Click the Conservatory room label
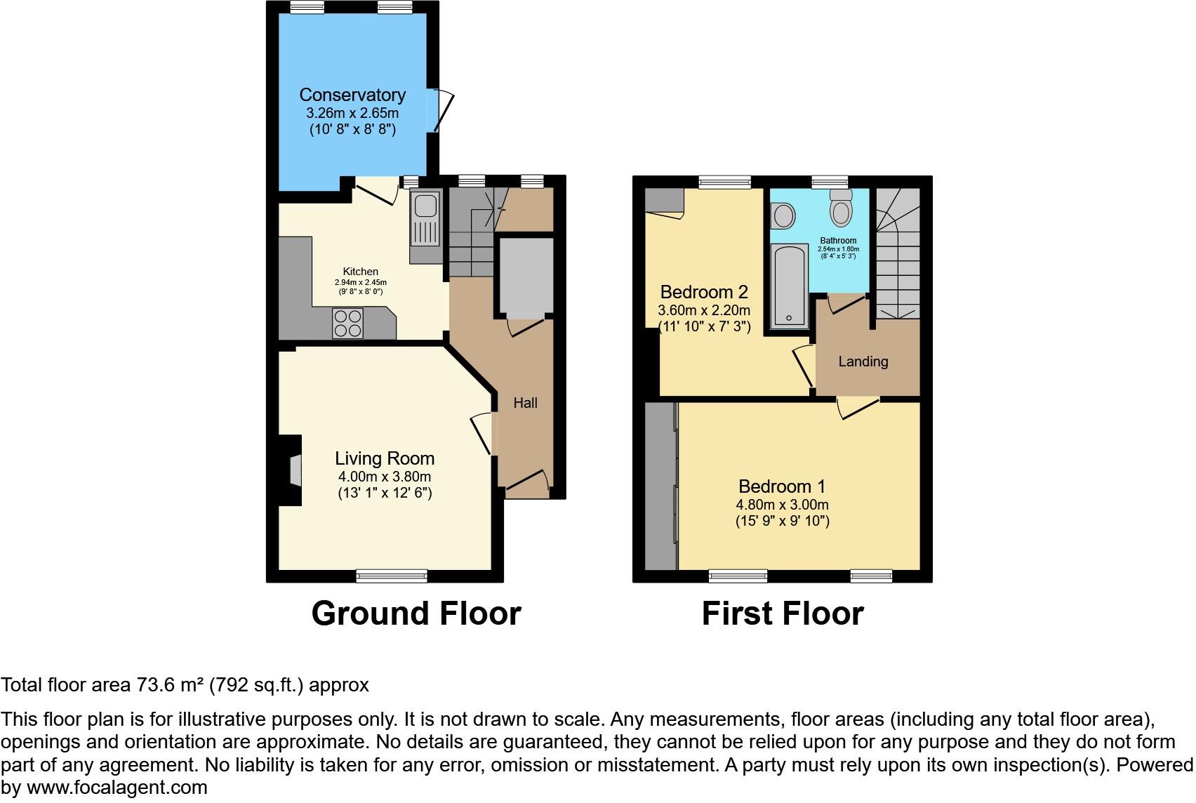point(352,95)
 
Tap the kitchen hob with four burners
point(347,324)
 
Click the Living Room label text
point(385,458)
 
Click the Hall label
point(525,403)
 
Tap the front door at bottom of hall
point(528,483)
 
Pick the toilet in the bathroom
point(840,206)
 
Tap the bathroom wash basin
point(781,215)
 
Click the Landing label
point(863,361)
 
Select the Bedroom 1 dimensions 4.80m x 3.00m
point(782,505)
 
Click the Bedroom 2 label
point(704,292)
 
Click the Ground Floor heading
point(416,613)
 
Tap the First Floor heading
point(782,613)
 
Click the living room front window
point(392,576)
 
